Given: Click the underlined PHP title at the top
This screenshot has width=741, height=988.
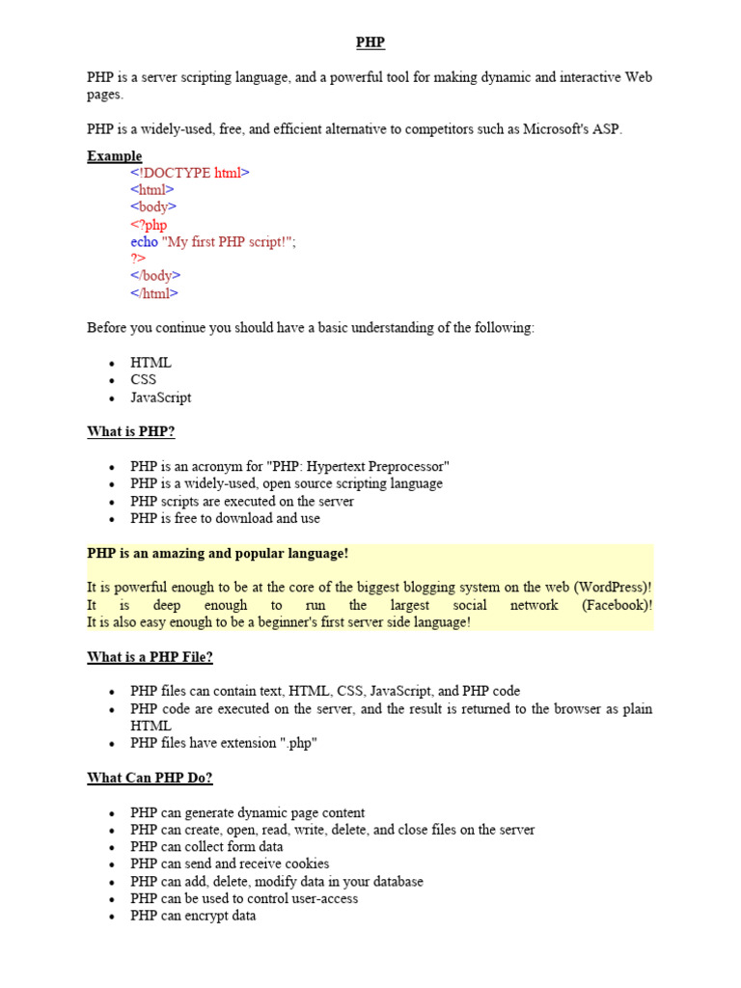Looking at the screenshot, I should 370,42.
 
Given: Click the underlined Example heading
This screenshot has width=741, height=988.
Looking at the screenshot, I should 114,156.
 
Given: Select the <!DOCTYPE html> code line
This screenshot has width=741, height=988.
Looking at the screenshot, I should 190,174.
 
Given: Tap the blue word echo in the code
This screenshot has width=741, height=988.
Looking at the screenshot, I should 144,242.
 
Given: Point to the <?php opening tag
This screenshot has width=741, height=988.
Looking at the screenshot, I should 149,225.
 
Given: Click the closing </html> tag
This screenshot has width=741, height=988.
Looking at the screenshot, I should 154,294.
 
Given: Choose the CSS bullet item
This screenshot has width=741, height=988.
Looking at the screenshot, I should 143,380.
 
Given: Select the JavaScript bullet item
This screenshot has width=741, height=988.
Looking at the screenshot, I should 160,398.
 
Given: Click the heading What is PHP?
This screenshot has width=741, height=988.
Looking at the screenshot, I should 131,431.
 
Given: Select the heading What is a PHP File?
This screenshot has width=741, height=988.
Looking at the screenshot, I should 150,657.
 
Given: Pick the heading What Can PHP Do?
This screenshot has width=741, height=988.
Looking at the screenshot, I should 150,778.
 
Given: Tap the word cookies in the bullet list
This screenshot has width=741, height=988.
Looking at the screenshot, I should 305,864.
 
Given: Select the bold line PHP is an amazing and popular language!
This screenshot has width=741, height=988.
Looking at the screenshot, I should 217,554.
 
